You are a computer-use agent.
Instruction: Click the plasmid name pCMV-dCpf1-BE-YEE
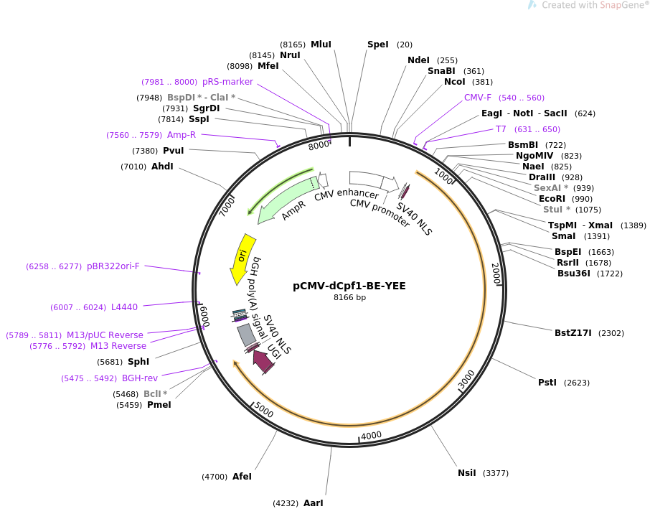[x=349, y=286]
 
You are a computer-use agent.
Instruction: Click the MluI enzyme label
[x=321, y=45]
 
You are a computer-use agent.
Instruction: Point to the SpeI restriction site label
[x=377, y=45]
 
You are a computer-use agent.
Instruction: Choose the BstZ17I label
[x=573, y=333]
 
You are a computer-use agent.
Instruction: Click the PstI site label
[x=547, y=383]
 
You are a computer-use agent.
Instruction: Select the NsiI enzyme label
[x=467, y=473]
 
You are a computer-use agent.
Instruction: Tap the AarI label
[x=314, y=503]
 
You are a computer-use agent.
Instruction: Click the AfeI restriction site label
[x=242, y=477]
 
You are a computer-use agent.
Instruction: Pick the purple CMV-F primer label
[x=478, y=98]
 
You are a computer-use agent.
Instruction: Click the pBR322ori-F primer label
[x=113, y=266]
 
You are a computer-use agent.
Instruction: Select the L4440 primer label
[x=124, y=307]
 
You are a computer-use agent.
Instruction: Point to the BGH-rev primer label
[x=140, y=378]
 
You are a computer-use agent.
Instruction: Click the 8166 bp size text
[x=349, y=298]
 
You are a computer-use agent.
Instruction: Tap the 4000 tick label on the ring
[x=371, y=436]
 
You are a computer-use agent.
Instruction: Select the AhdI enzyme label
[x=162, y=167]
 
